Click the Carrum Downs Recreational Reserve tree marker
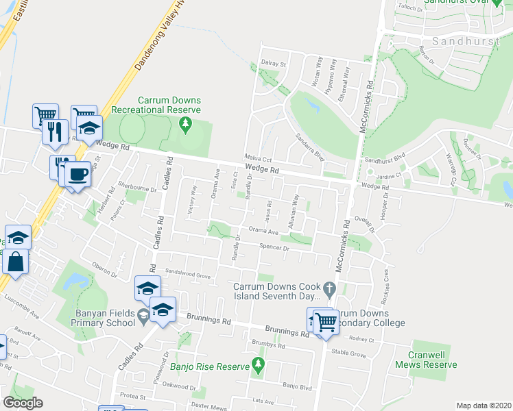pos(184,123)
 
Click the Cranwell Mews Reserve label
pos(426,360)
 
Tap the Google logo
pos(23,403)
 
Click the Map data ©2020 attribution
pos(483,406)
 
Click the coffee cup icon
pos(77,173)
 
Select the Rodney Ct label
pos(361,340)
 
